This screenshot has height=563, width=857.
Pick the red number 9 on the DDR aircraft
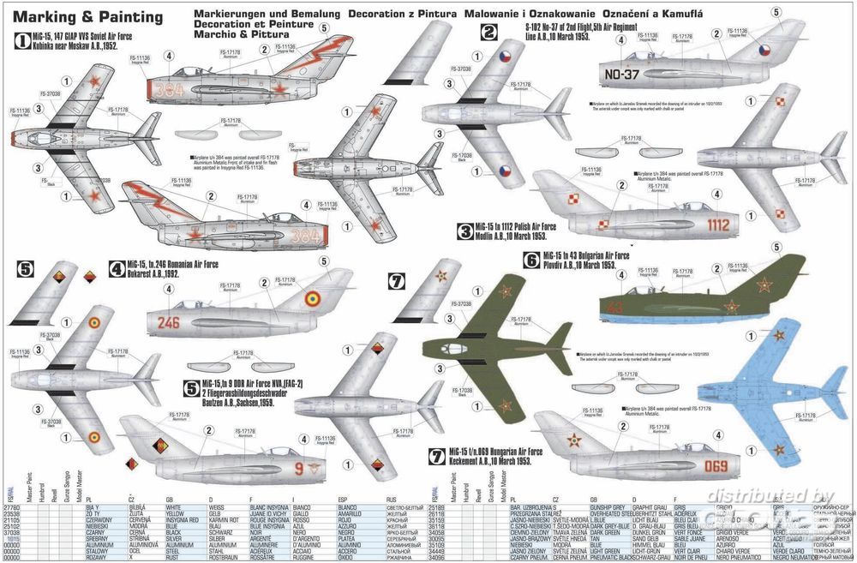298,468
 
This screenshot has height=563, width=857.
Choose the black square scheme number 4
116,268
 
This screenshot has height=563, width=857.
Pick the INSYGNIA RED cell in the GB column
183,519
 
